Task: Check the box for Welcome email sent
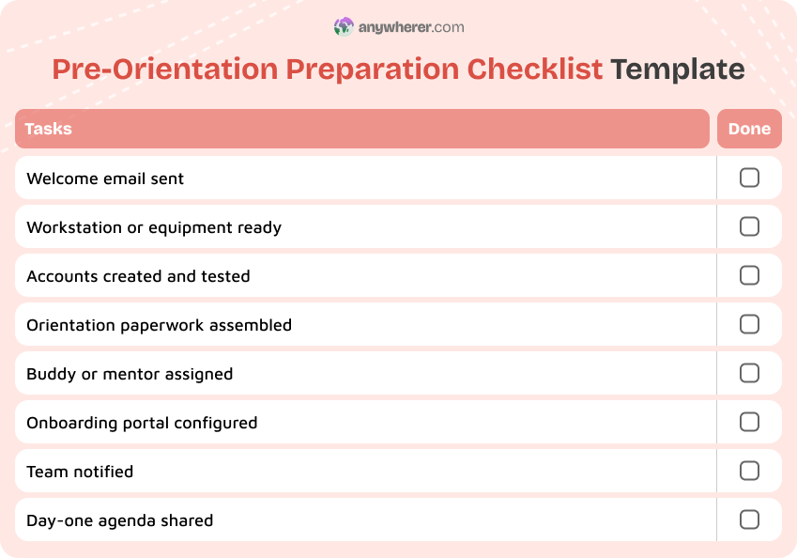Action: tap(749, 178)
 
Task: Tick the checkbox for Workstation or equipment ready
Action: tap(749, 226)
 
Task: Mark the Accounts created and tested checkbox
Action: tap(749, 275)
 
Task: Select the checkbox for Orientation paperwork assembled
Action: tap(749, 324)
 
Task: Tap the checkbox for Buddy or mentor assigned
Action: tap(749, 373)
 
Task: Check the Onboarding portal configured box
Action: tap(749, 422)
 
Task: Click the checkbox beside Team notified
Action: tap(749, 471)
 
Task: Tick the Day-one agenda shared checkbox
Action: tap(749, 519)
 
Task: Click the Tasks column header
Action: tap(49, 129)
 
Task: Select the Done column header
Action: tap(749, 129)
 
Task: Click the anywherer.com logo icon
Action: tap(344, 27)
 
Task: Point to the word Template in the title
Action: tap(677, 70)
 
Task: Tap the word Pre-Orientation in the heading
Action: tap(165, 70)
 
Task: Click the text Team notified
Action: tap(80, 472)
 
